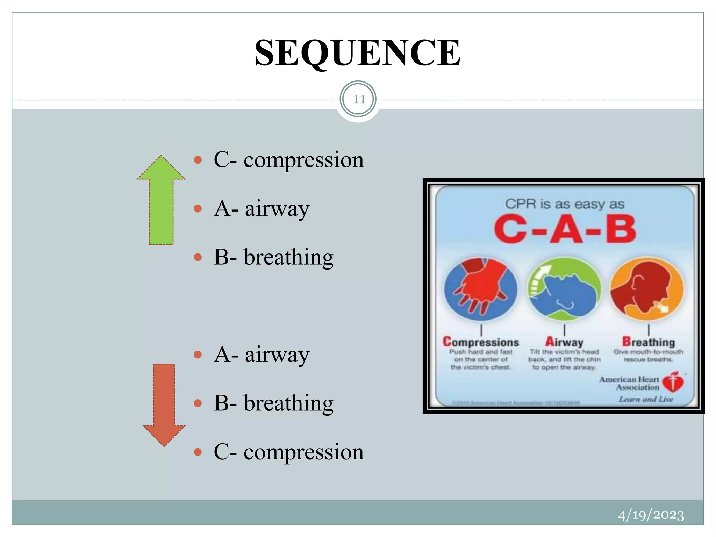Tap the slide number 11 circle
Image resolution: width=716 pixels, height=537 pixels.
point(358,100)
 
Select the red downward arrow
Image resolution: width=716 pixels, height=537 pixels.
point(164,406)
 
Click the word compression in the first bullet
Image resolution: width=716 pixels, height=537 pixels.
point(303,160)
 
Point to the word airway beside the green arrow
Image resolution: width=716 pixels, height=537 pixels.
point(277,209)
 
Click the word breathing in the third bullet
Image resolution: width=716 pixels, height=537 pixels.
point(288,257)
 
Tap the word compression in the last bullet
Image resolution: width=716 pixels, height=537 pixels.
point(303,452)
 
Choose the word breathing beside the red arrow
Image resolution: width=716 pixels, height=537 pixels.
point(288,403)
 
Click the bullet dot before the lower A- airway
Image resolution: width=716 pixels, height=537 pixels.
point(198,355)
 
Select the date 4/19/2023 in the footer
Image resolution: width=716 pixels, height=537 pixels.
point(651,515)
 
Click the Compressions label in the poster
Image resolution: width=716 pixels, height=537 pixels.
point(481,342)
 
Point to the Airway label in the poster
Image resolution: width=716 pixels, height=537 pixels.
point(564,342)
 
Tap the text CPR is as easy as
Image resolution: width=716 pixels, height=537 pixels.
point(564,204)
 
